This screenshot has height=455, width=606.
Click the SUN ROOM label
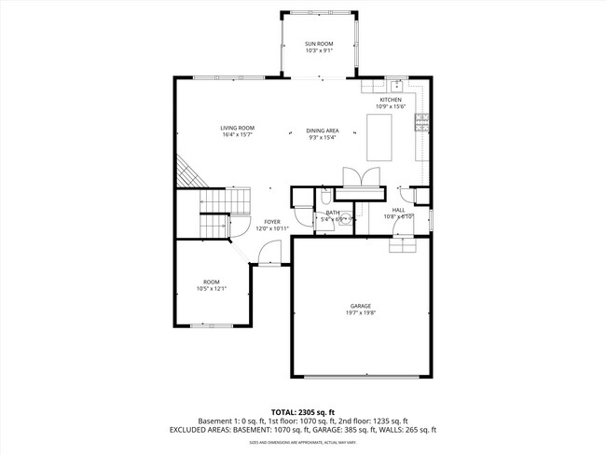pos(319,44)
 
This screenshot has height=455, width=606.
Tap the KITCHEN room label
pos(390,100)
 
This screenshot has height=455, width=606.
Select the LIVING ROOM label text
pos(238,128)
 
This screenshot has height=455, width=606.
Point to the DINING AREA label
pos(323,131)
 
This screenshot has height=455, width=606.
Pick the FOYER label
pos(271,222)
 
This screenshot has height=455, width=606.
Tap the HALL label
pos(398,211)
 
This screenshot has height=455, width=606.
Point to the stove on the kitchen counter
pos(421,118)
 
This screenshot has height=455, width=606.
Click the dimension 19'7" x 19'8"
pos(361,313)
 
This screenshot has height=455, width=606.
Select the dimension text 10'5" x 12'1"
pos(212,289)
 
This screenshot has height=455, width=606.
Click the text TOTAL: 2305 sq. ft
pos(302,411)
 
